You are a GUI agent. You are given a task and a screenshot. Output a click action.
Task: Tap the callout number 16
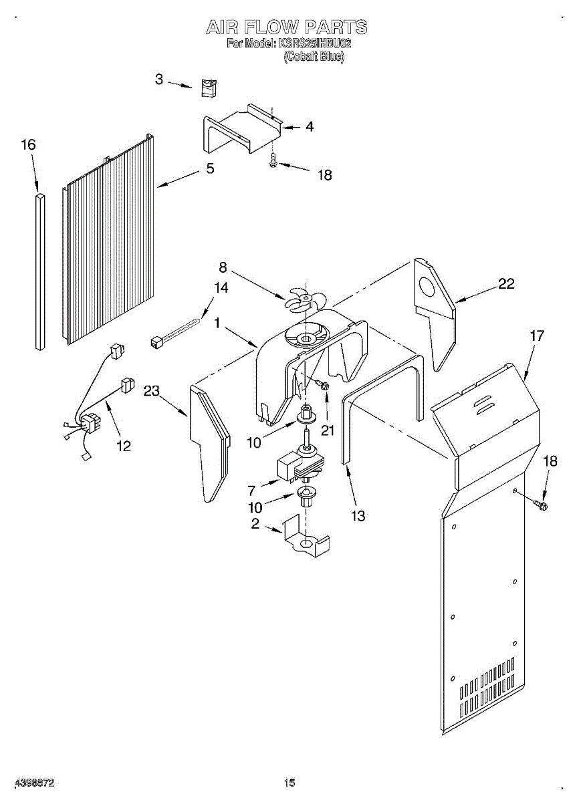[x=28, y=145]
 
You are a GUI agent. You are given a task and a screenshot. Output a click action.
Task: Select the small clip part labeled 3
[x=208, y=88]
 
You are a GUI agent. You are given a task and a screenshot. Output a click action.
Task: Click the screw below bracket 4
[x=273, y=159]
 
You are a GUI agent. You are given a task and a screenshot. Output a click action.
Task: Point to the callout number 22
[x=506, y=283]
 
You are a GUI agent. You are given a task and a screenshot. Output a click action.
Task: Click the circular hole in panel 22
[x=427, y=287]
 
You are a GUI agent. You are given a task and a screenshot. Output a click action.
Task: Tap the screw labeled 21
[x=322, y=384]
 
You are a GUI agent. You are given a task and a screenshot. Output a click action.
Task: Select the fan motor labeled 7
[x=298, y=463]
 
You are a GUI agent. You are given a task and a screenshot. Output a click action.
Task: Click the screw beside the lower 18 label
[x=542, y=505]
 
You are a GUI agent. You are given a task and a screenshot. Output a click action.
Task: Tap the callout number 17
[x=537, y=336]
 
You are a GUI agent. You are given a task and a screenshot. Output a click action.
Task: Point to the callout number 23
[x=151, y=391]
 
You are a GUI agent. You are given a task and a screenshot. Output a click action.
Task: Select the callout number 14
[x=221, y=287]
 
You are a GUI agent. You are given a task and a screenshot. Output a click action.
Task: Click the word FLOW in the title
[x=266, y=27]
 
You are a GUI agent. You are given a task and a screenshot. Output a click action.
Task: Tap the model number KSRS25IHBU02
[x=312, y=44]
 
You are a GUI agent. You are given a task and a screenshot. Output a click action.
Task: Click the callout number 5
[x=210, y=168]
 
